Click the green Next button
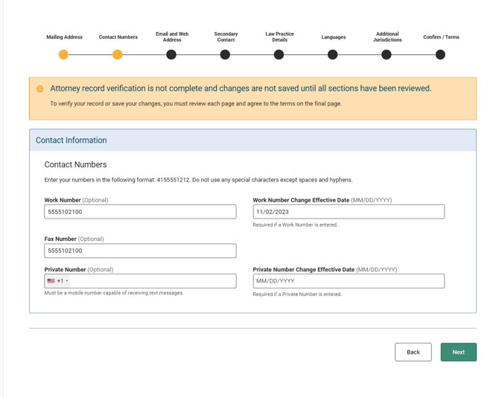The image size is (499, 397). point(458,352)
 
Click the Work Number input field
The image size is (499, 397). point(140,212)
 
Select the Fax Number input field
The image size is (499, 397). point(140,251)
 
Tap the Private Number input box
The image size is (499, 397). point(152,281)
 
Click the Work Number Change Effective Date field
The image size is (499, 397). point(349,212)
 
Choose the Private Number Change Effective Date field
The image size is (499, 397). point(349,281)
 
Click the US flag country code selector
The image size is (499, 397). point(57,281)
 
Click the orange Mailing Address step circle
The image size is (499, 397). point(63,54)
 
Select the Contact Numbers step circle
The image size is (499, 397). point(118,54)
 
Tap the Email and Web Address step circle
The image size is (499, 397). point(171,54)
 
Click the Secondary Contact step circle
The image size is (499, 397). point(225,54)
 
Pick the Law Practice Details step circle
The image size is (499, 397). point(279,54)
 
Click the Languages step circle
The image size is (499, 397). point(333,54)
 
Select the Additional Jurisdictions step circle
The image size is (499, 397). point(387,54)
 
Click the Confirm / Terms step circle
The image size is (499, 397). point(440,54)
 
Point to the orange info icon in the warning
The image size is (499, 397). point(40,88)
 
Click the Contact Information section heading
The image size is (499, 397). point(71,140)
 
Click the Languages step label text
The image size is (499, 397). point(334,37)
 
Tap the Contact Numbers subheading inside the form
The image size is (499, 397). point(75,164)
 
